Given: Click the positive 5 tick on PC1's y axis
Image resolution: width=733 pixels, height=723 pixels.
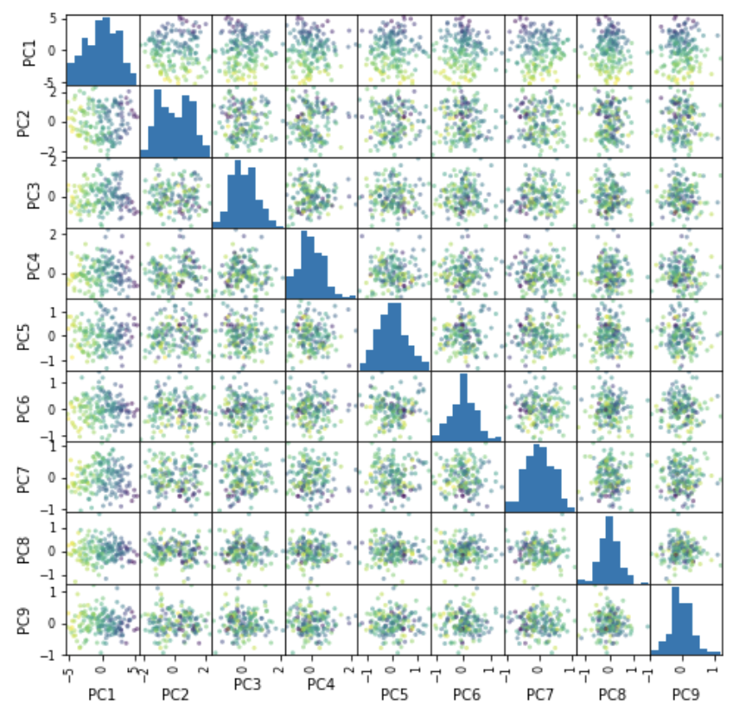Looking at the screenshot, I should click(54, 18).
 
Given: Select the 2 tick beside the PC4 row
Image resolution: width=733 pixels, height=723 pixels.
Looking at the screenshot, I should click(54, 234).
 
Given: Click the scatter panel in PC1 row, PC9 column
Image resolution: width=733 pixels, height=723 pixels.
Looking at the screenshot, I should click(685, 50).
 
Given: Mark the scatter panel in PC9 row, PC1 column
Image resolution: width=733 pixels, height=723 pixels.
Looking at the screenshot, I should click(102, 619).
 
